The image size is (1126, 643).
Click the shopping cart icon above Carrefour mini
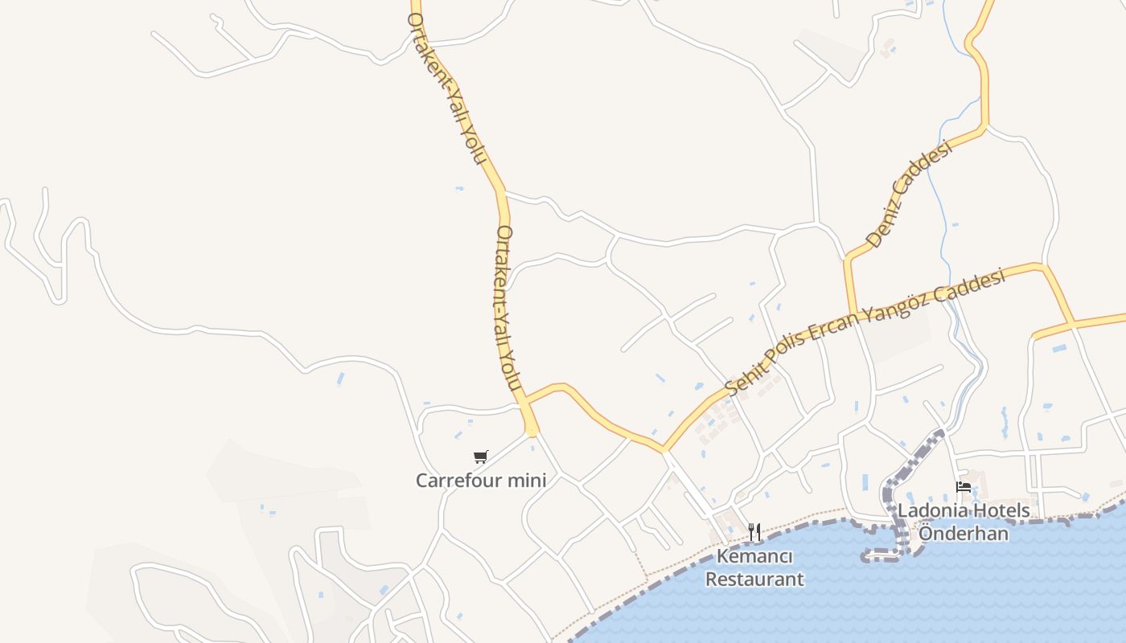[x=481, y=457]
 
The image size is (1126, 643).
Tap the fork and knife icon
[x=754, y=531]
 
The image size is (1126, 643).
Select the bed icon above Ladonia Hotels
[x=963, y=486]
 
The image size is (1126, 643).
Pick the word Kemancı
[x=754, y=557]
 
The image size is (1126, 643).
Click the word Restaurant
[x=754, y=579]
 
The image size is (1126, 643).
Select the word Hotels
[x=1001, y=510]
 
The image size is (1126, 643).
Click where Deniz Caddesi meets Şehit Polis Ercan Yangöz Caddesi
[x=852, y=315]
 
